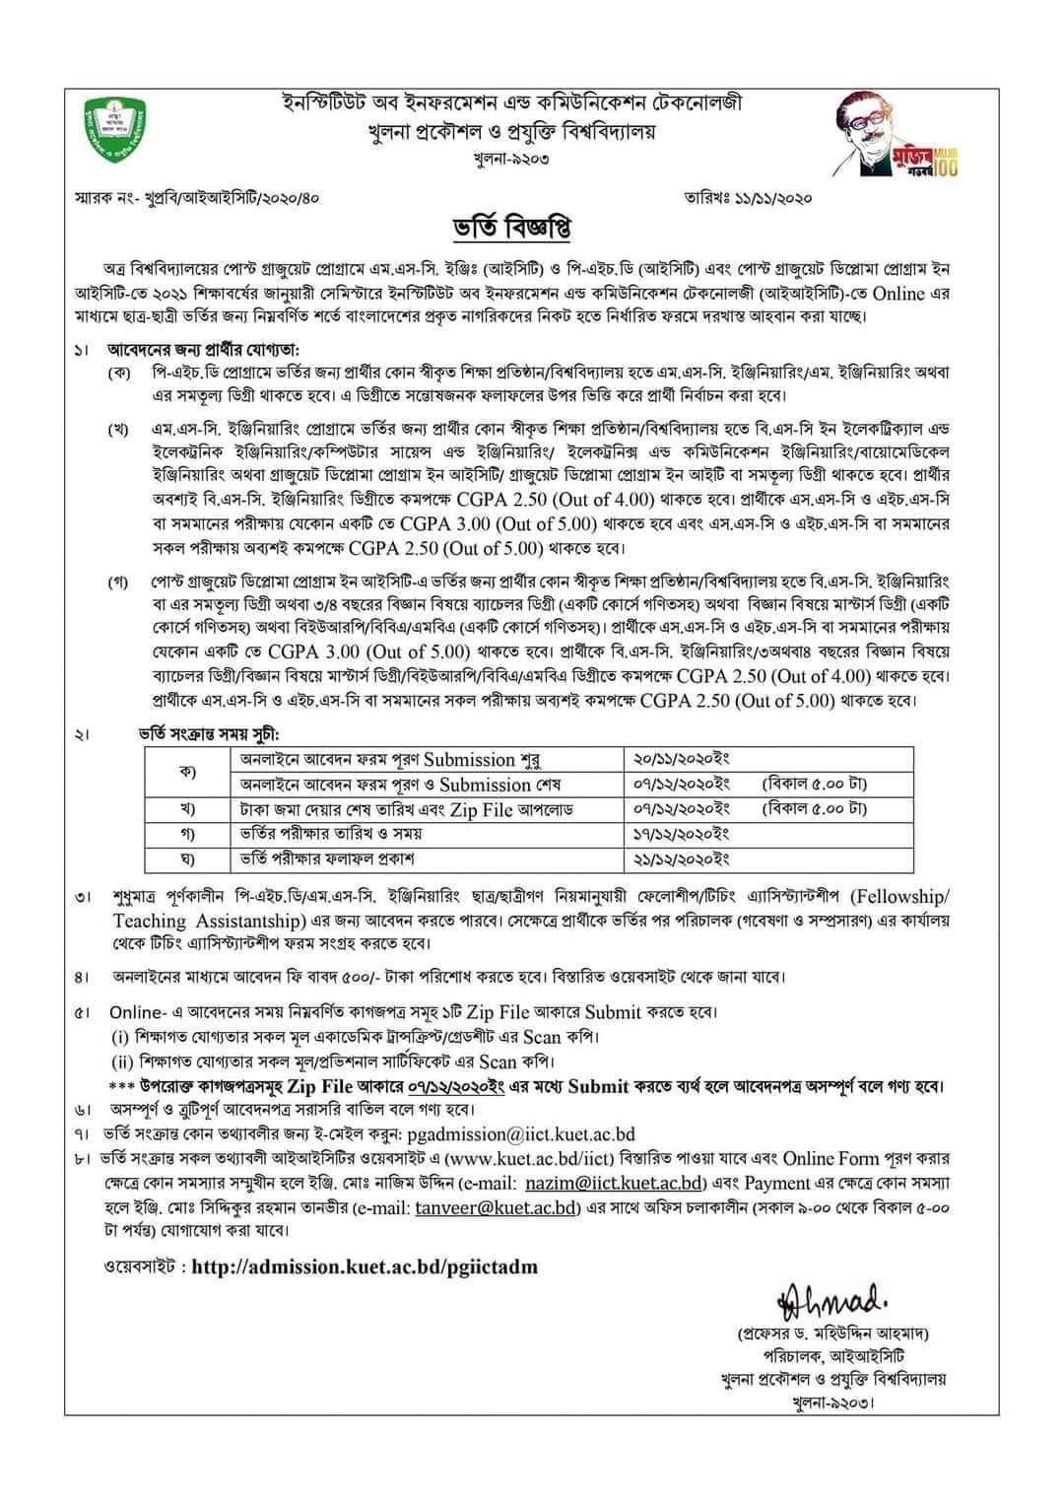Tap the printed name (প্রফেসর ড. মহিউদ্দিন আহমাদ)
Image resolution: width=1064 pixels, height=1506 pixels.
[x=833, y=1335]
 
